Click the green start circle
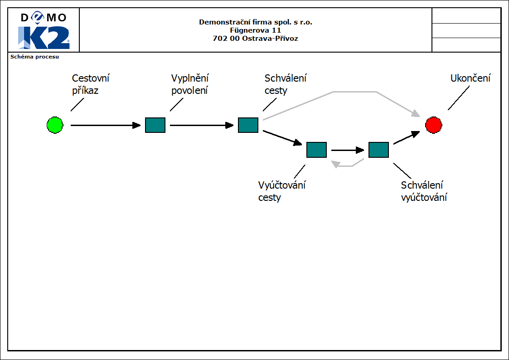pos(55,125)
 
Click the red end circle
pos(433,125)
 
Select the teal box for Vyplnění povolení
pos(155,125)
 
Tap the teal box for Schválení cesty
pos(248,125)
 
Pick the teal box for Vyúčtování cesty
pos(316,150)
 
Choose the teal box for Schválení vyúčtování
pos(378,150)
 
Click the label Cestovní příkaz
pos(91,84)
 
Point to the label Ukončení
pos(470,78)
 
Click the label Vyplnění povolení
pos(190,84)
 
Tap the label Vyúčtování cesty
pos(281,191)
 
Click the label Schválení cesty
pos(285,84)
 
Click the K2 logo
pos(44,38)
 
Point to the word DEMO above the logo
pos(44,18)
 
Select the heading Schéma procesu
pos(35,57)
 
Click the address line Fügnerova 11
pos(255,30)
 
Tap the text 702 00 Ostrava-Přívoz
pos(255,39)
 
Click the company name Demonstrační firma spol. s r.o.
pos(255,22)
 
